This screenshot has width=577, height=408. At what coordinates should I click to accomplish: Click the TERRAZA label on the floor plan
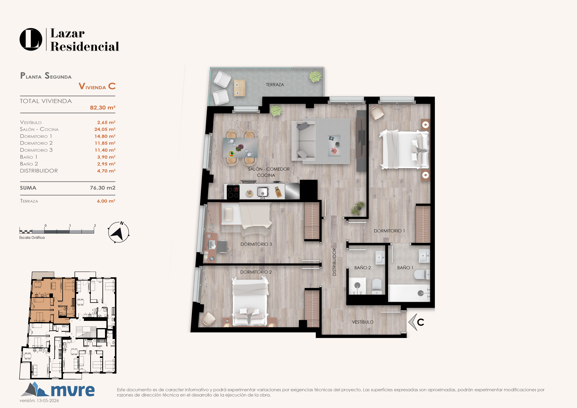pos(275,85)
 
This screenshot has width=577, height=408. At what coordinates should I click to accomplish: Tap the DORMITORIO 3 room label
pos(256,244)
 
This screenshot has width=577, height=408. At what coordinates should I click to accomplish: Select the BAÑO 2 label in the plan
pos(362,268)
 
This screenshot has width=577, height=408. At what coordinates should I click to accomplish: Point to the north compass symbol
pos(119,232)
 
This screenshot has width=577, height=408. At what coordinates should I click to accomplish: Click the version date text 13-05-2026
pos(48,400)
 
